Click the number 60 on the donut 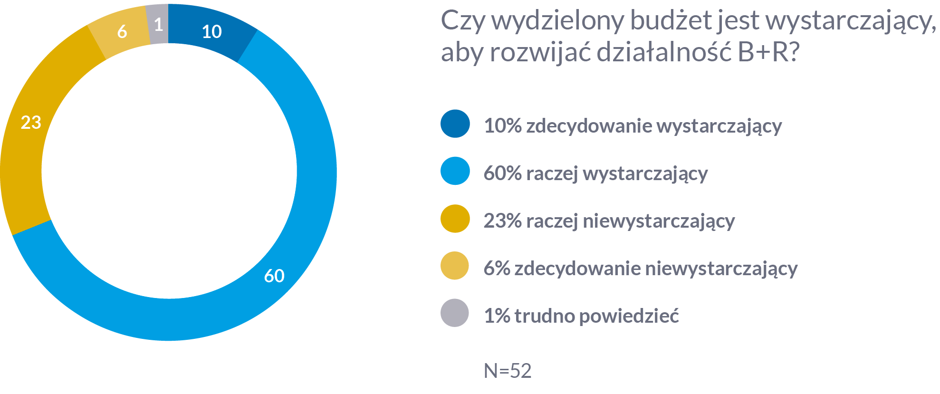pyautogui.click(x=274, y=276)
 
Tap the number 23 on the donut pyautogui.click(x=31, y=123)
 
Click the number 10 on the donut pyautogui.click(x=211, y=32)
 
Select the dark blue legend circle pyautogui.click(x=455, y=124)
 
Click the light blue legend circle pyautogui.click(x=455, y=171)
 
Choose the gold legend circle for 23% pyautogui.click(x=455, y=219)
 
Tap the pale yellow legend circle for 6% pyautogui.click(x=455, y=266)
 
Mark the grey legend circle pyautogui.click(x=455, y=313)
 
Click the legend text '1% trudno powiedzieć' pyautogui.click(x=581, y=316)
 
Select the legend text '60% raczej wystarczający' pyautogui.click(x=595, y=173)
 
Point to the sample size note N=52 pyautogui.click(x=508, y=371)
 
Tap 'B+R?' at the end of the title pyautogui.click(x=768, y=52)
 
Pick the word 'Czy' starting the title pyautogui.click(x=463, y=21)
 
